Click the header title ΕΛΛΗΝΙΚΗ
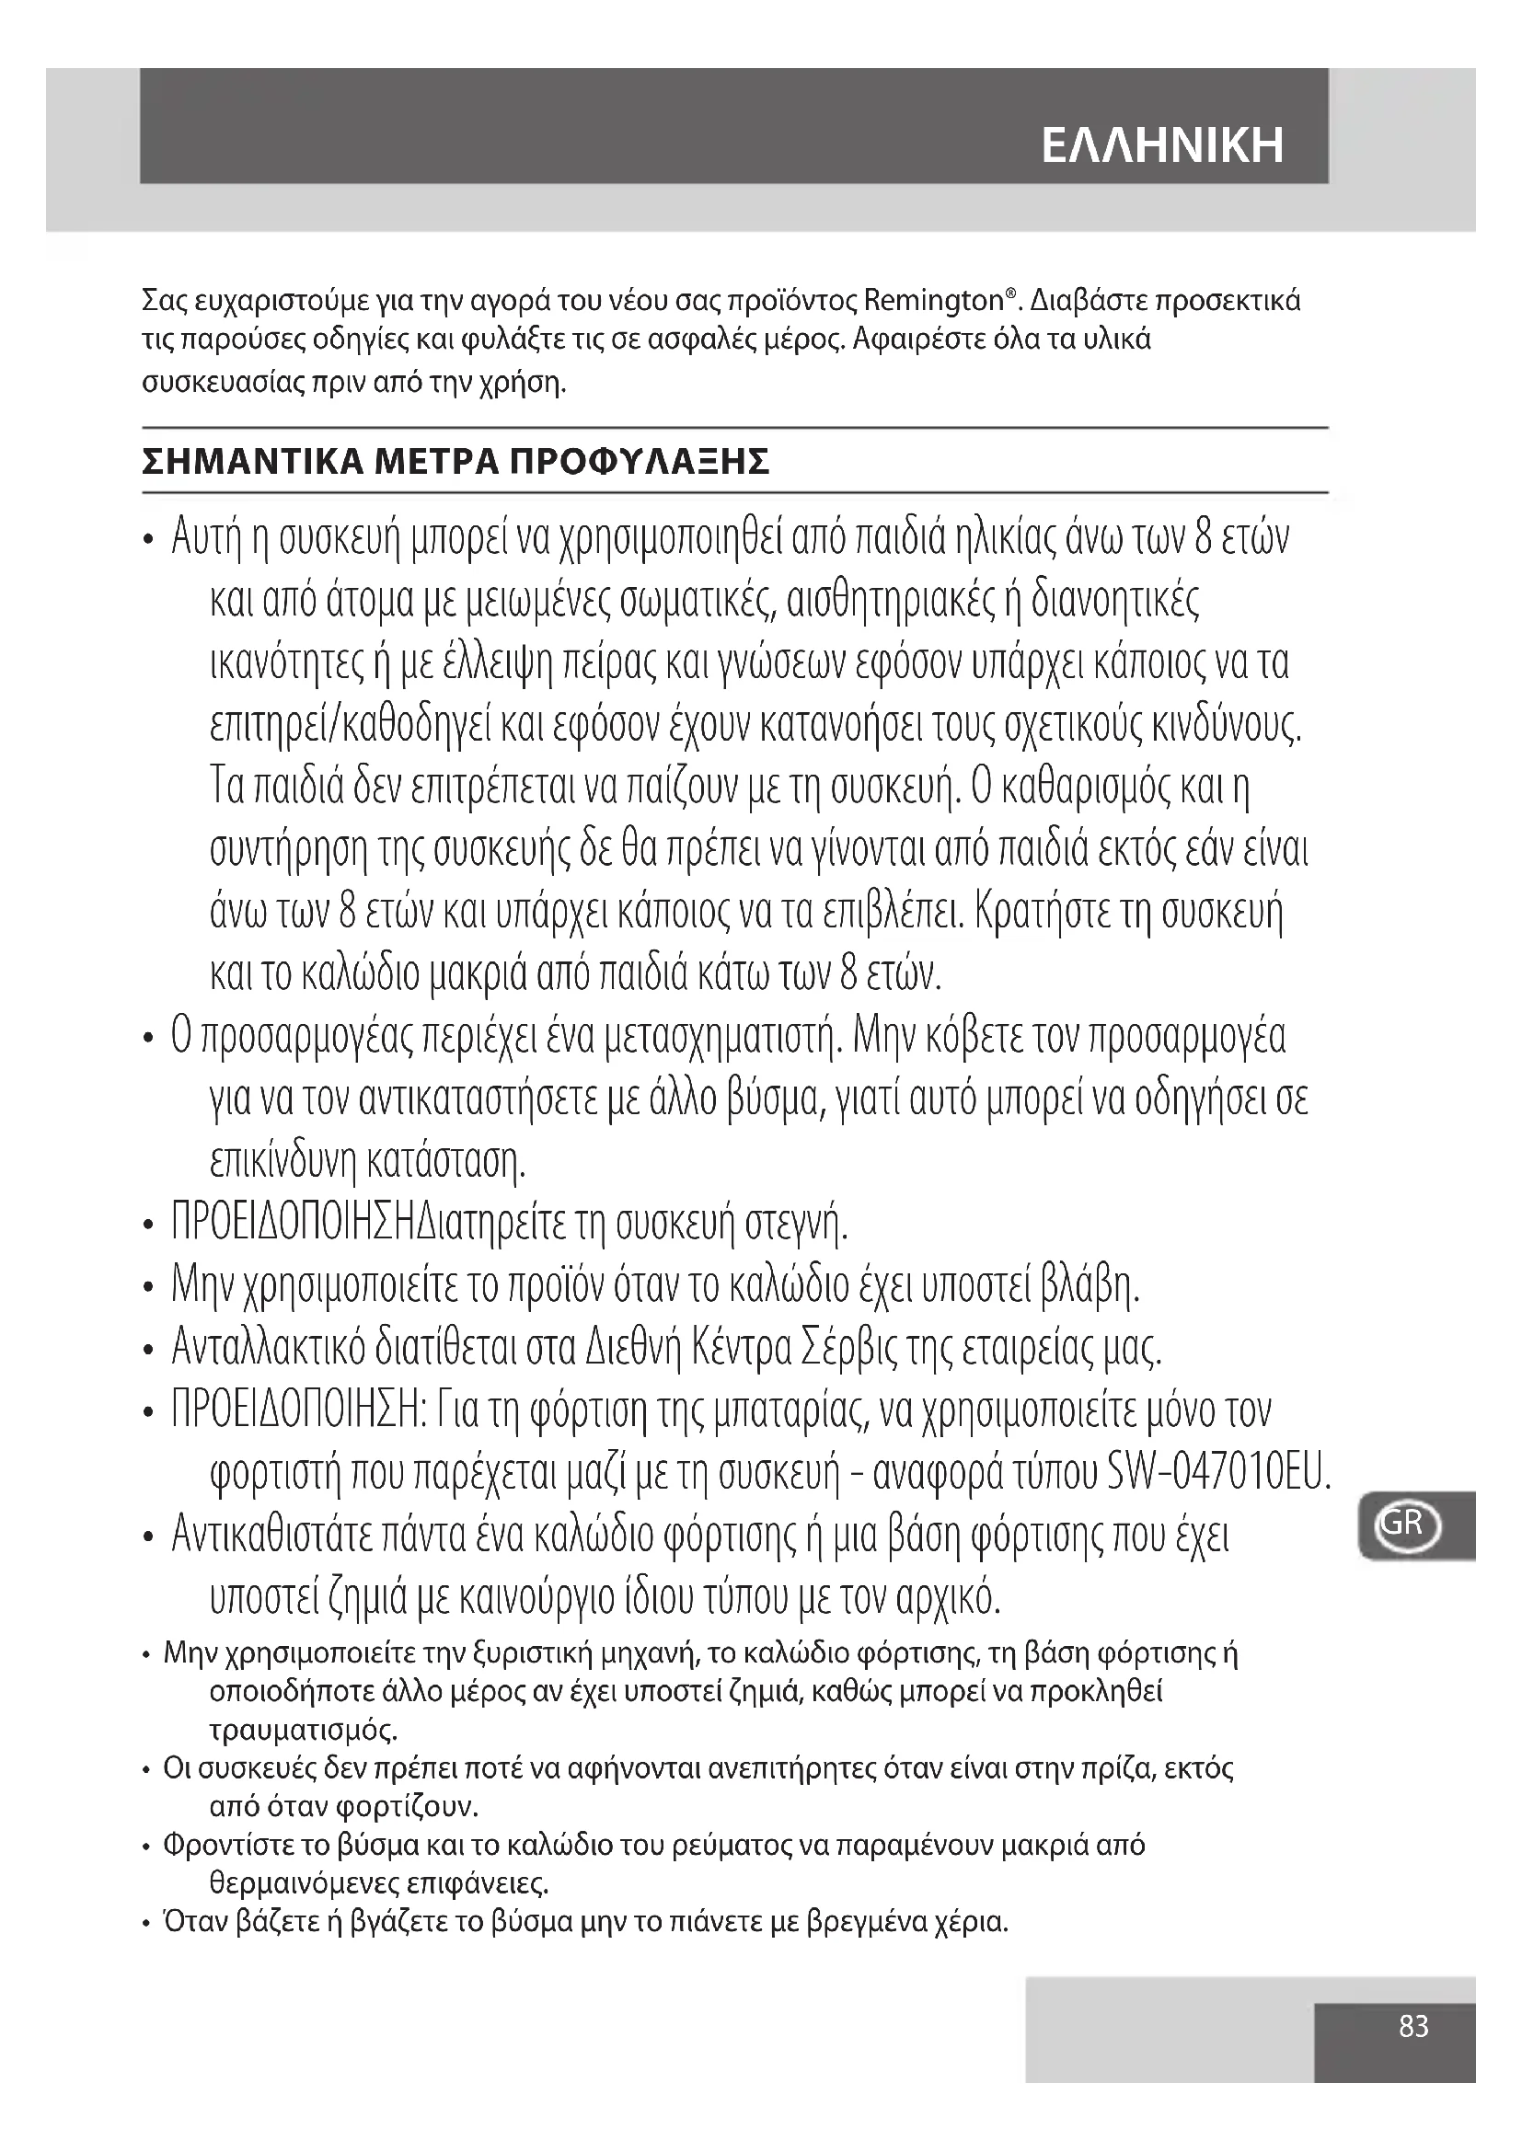click(1162, 146)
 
